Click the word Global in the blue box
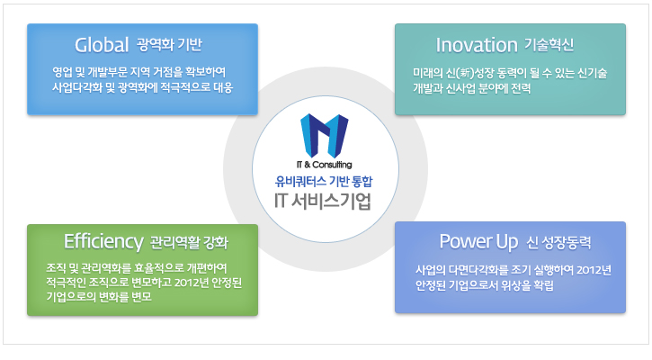[102, 45]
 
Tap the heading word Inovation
[477, 45]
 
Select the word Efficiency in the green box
[103, 242]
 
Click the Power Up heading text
[478, 242]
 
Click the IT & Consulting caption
[325, 165]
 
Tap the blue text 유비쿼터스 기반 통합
[324, 182]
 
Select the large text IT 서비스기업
[323, 201]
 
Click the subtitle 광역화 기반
[170, 44]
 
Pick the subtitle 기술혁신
[549, 44]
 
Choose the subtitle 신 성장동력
[558, 243]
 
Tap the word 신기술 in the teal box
[592, 74]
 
